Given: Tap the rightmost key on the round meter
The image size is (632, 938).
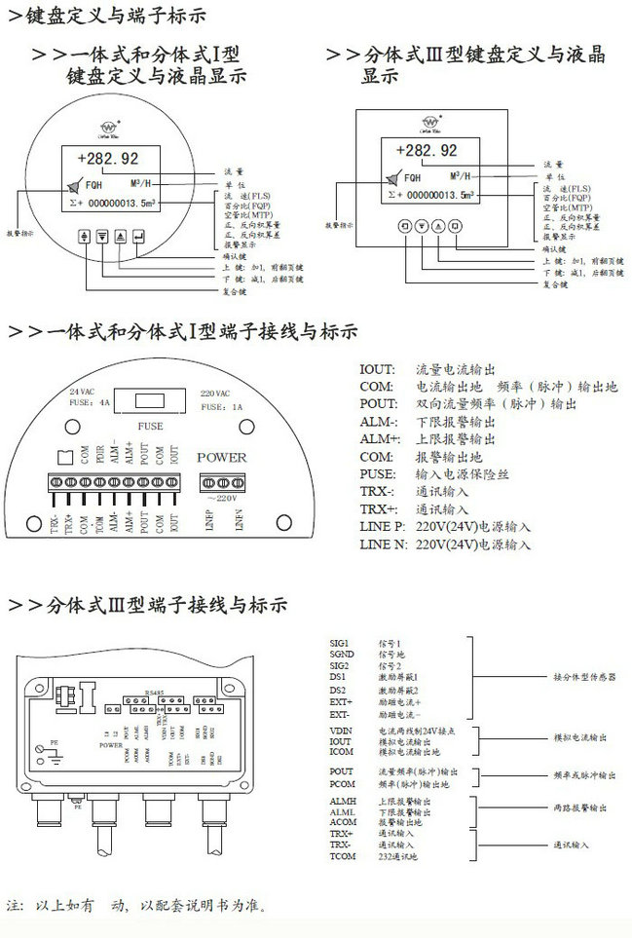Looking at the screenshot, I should (140, 236).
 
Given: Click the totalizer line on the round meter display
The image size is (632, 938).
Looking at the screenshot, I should (113, 205).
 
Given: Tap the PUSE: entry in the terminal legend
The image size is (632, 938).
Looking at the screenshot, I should (377, 474).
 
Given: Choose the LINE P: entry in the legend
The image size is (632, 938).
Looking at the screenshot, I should (381, 527).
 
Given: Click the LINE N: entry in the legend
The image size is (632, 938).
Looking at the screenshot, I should (381, 544).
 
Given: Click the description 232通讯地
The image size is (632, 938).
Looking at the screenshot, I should (400, 856).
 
